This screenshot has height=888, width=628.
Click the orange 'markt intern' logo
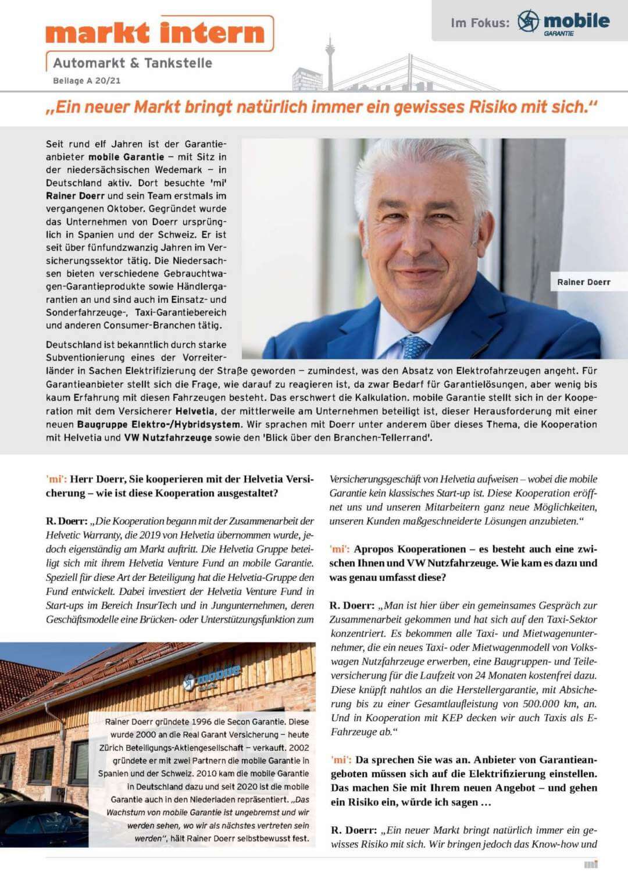point(157,33)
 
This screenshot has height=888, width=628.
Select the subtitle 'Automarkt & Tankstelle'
point(133,63)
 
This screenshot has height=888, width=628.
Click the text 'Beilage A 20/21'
point(87,81)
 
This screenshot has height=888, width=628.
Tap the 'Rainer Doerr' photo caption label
point(584,282)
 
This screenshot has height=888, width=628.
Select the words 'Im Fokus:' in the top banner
point(480,23)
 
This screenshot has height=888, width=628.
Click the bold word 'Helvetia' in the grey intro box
point(196,411)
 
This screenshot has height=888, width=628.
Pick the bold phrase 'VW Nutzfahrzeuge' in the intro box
point(168,437)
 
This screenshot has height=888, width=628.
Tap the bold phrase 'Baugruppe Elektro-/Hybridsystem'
point(158,425)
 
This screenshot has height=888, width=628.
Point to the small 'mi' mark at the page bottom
point(591,865)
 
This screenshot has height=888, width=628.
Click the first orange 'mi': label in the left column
point(56,479)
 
